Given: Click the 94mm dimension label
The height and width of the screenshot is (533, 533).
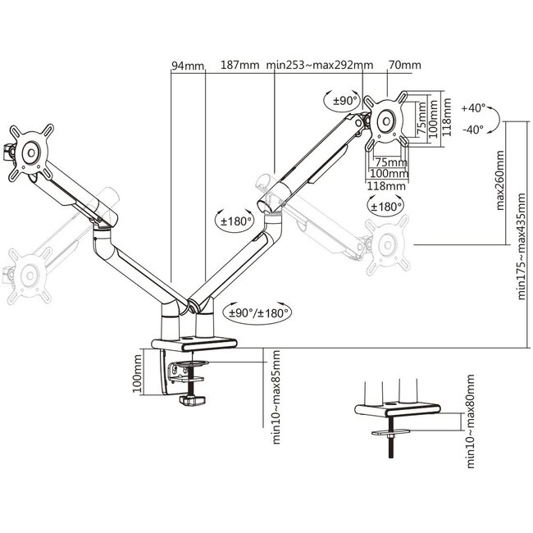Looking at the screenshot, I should [x=188, y=66].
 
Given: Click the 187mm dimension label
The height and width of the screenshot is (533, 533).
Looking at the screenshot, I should [x=239, y=66].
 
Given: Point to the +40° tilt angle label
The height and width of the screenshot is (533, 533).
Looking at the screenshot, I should [x=473, y=107].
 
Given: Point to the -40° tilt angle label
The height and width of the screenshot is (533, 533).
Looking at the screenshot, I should [x=473, y=129].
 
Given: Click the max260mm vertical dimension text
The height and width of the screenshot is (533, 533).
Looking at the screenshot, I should [x=500, y=182].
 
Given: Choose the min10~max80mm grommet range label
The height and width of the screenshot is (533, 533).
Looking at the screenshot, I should [x=471, y=422].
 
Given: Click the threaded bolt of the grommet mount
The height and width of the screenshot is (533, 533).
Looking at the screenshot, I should [x=392, y=448].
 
